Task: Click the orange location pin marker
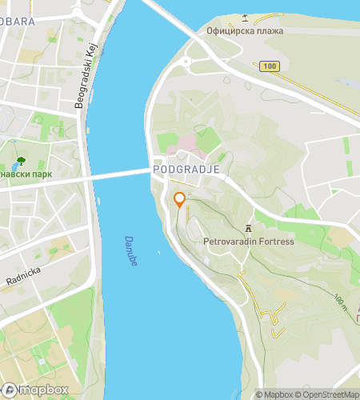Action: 180,200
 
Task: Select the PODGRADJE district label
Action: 186,170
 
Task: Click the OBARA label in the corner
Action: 18,22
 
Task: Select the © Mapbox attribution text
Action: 274,394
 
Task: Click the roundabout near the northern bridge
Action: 186,61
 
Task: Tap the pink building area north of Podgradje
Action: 186,141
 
